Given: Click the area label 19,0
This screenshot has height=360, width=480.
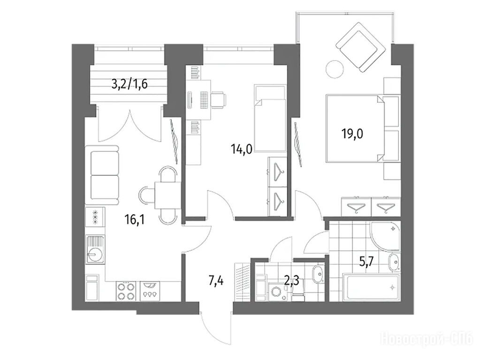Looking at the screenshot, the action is [x=352, y=134].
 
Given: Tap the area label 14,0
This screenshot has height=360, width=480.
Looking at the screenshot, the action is [x=242, y=150].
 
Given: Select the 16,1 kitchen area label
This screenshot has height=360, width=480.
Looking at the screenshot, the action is [x=135, y=219].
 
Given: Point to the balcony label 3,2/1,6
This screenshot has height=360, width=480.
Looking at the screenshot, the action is [x=130, y=83].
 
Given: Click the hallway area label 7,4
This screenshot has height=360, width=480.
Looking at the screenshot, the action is [x=216, y=280].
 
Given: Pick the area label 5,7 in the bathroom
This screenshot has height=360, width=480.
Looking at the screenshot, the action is [x=366, y=262].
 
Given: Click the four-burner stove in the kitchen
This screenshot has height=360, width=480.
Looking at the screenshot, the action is [x=126, y=292].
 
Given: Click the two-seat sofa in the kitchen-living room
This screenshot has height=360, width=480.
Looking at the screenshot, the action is [x=103, y=175].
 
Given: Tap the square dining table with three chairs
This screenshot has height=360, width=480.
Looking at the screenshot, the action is [x=166, y=195].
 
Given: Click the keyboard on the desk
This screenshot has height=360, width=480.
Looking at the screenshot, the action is [x=204, y=100].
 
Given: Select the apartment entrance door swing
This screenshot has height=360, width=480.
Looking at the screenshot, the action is [x=215, y=327].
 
